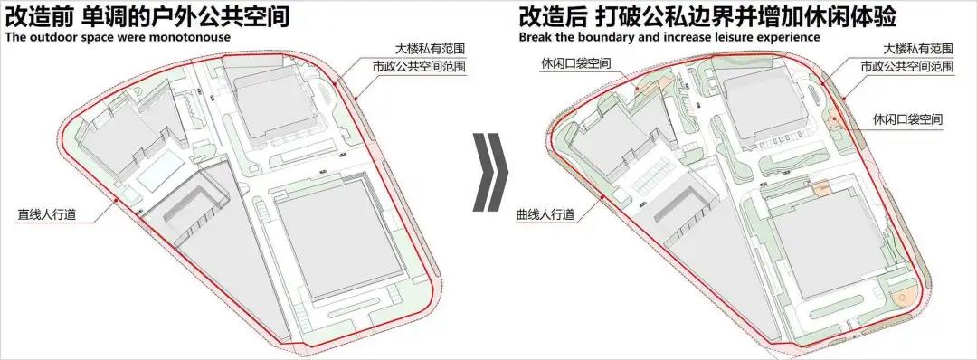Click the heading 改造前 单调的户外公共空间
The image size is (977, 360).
point(147,16)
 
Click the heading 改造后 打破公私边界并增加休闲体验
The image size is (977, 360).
point(707,16)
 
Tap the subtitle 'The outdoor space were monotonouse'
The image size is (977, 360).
point(119,37)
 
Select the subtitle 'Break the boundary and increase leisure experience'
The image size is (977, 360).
point(669,37)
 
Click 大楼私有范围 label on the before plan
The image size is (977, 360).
point(431,49)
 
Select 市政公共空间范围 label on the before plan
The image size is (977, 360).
point(419,67)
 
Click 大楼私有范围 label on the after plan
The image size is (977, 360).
point(918,49)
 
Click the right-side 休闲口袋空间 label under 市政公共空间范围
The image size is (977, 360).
point(907,118)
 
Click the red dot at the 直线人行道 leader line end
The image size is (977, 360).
point(117,201)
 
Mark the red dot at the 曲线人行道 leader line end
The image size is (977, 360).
point(602,197)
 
